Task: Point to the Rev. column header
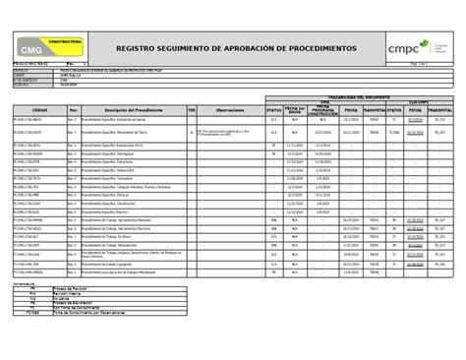(71, 110)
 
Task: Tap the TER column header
(192, 110)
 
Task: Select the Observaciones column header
(229, 110)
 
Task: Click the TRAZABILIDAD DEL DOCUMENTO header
(351, 96)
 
